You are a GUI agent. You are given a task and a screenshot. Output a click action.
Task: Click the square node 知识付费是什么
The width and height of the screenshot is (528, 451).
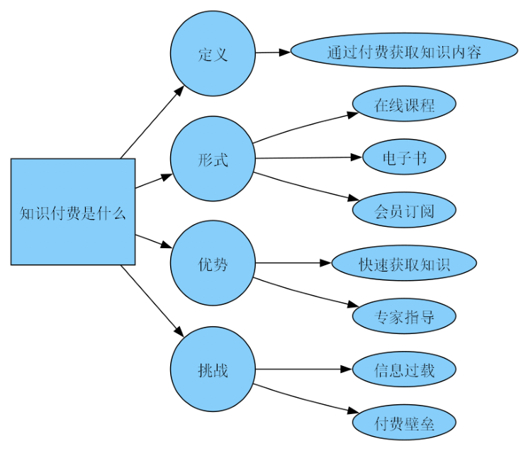click(x=73, y=212)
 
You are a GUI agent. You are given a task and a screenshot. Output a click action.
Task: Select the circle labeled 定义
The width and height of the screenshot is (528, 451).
click(x=213, y=54)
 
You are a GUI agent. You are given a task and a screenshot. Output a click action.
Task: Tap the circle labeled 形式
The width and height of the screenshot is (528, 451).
click(x=213, y=159)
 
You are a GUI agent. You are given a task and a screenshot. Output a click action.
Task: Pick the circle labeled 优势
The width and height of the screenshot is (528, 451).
click(x=213, y=263)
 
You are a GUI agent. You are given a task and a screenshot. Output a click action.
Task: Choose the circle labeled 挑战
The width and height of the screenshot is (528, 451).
click(x=213, y=369)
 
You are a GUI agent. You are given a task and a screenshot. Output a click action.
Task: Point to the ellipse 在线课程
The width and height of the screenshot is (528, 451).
click(x=404, y=106)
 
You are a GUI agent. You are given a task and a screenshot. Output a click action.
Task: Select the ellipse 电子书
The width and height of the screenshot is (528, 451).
click(x=404, y=157)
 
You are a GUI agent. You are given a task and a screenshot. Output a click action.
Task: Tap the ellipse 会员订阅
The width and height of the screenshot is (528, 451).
click(x=404, y=211)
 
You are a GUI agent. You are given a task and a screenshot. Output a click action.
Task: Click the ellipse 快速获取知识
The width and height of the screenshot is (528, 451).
click(x=404, y=263)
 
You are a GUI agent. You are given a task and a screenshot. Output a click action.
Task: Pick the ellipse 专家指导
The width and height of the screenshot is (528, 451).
click(x=404, y=316)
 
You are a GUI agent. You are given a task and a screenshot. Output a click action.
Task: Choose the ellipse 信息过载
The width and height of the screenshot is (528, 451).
click(x=404, y=369)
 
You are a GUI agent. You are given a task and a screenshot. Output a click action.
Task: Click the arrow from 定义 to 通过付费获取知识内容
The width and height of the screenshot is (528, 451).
click(x=273, y=52)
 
